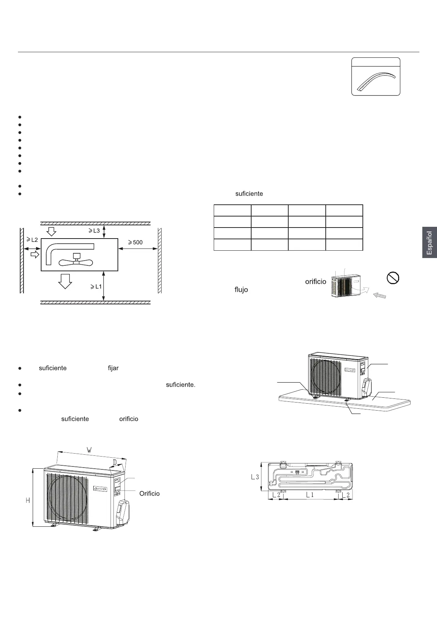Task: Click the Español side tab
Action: pos(429,243)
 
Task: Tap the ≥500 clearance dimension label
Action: pos(135,242)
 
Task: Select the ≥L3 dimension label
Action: pos(94,230)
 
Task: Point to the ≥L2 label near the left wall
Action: pos(32,240)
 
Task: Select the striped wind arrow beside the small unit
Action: pos(379,295)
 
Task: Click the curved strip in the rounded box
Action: pos(376,81)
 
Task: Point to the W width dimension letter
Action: pos(89,450)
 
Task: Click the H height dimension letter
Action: pos(28,500)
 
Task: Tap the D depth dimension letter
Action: pos(115,462)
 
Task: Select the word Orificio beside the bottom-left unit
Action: pos(149,493)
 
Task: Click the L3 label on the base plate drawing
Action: pos(255,477)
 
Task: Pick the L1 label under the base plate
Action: pos(310,495)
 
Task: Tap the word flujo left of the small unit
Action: pos(241,290)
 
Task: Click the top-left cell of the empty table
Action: pos(232,211)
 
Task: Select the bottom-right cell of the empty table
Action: pos(344,245)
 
